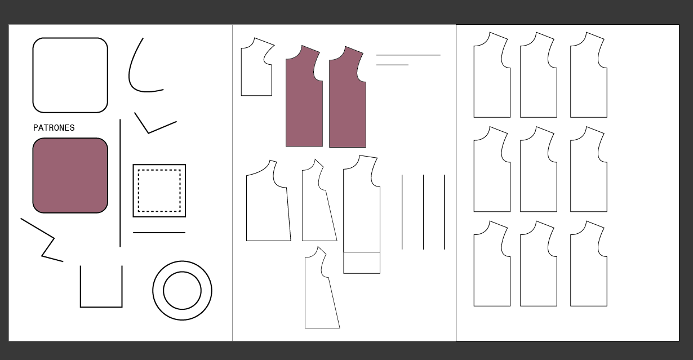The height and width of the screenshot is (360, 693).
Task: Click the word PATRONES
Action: [54, 128]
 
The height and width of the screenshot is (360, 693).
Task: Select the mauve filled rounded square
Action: [70, 176]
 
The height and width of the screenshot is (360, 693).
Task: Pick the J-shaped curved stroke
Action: [130, 66]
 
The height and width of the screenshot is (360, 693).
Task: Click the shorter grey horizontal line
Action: [392, 65]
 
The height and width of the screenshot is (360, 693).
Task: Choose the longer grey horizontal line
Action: [408, 55]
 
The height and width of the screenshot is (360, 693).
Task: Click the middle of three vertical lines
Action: [424, 212]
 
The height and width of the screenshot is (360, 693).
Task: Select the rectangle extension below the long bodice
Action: [362, 263]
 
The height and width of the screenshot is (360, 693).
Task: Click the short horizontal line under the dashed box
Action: [159, 233]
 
